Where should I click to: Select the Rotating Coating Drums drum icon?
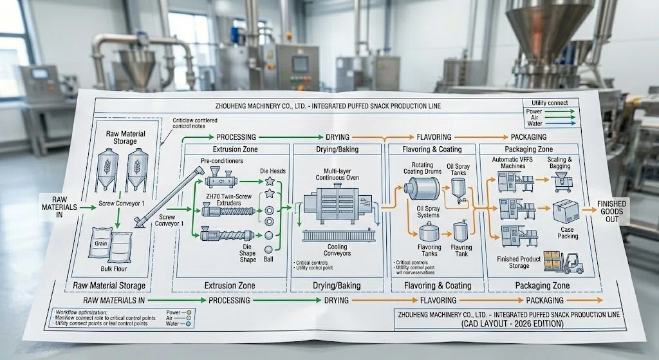[x=422, y=188]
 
